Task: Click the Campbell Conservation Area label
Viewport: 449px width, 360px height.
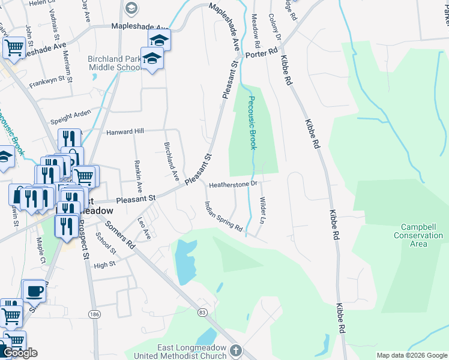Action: click(418, 235)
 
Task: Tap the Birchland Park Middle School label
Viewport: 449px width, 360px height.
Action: click(114, 64)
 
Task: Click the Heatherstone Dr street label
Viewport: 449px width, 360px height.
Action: click(233, 185)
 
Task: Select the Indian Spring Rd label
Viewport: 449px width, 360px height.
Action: click(223, 217)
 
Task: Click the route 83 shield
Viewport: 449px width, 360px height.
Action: click(202, 313)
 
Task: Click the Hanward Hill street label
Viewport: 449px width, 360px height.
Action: click(125, 131)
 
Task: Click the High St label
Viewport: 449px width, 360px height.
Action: click(104, 265)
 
